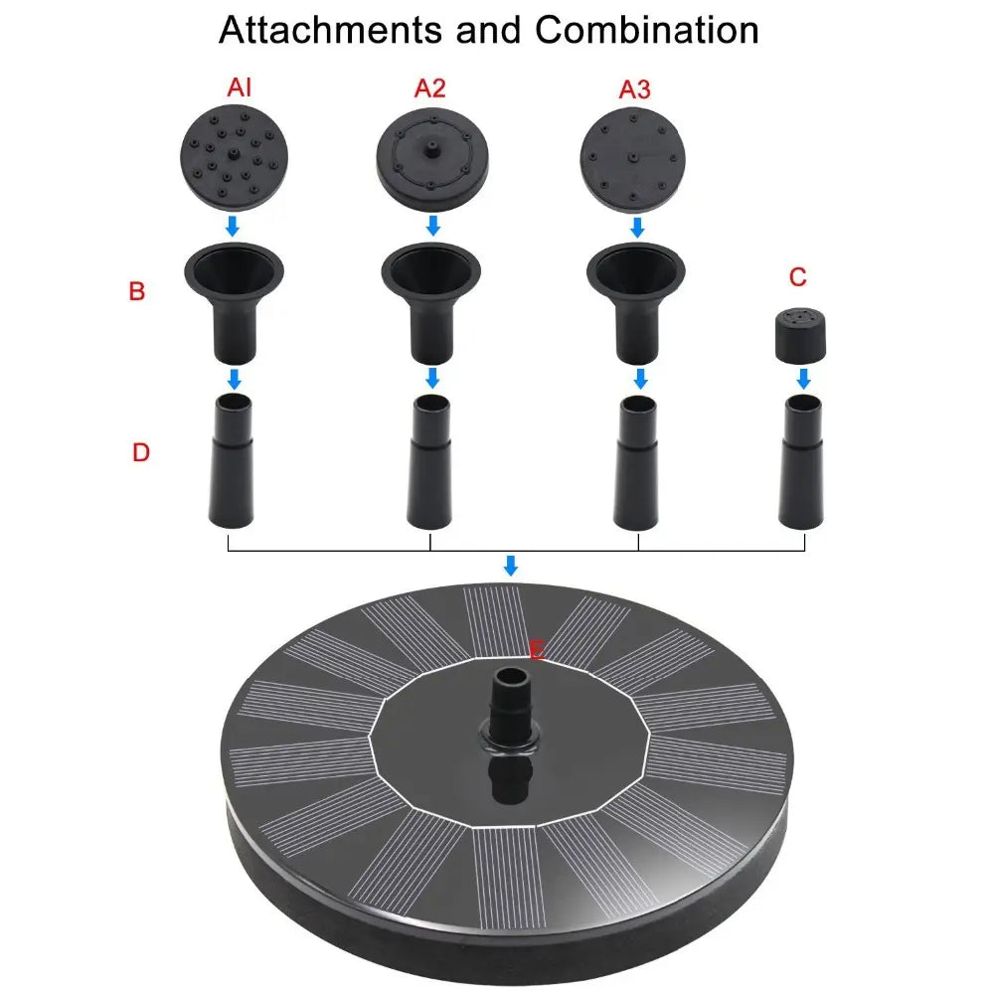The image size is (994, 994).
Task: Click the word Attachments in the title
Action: coord(330,30)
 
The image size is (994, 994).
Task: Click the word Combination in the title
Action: coord(647,30)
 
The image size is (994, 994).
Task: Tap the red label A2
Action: coord(429,88)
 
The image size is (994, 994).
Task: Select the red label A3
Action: coord(634,89)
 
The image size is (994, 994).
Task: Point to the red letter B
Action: coord(137,291)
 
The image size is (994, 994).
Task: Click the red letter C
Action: coord(798,277)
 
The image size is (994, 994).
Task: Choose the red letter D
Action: coord(141,452)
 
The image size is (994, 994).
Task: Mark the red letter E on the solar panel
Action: coord(537,650)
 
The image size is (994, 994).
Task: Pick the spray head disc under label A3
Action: coord(632,159)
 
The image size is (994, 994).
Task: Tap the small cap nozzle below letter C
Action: coord(800,335)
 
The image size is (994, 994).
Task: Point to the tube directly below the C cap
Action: coord(802,461)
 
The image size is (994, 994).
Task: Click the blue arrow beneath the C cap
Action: coord(803,379)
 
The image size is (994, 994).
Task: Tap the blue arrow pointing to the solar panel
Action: coord(510,566)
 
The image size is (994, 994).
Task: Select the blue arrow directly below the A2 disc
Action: coord(433,225)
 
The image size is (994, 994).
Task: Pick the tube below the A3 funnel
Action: coord(636,462)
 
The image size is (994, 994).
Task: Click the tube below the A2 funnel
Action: coord(429,462)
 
